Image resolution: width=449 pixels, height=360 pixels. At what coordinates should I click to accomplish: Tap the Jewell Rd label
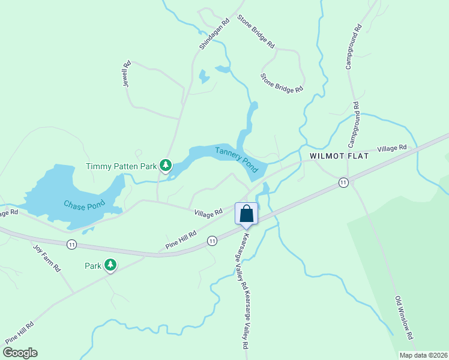127,75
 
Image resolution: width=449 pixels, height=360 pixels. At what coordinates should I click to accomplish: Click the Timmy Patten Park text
121,166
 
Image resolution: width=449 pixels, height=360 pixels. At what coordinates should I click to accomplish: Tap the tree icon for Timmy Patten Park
166,166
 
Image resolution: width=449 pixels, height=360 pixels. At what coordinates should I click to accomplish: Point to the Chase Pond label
85,204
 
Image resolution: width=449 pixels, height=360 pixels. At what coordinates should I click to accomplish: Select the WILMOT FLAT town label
339,156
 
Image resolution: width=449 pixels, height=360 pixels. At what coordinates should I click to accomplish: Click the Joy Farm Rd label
47,258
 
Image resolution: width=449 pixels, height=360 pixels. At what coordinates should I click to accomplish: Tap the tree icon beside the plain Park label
110,265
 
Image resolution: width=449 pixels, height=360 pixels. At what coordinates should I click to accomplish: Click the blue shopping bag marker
247,214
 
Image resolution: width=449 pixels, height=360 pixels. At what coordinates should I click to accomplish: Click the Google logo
20,352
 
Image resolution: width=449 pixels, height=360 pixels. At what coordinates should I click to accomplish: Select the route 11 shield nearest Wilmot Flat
343,182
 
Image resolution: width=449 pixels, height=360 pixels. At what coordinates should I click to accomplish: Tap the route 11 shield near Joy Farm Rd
71,244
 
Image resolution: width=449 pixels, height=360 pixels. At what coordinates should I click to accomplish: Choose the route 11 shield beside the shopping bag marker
212,241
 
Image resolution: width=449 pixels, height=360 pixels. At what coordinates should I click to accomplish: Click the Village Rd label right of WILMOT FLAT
391,148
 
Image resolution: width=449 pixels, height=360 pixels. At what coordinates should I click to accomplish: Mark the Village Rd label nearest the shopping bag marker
208,212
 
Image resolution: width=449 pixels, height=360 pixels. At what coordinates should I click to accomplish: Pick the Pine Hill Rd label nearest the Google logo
20,333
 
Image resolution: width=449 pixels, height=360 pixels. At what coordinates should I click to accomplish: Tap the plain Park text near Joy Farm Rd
93,265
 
